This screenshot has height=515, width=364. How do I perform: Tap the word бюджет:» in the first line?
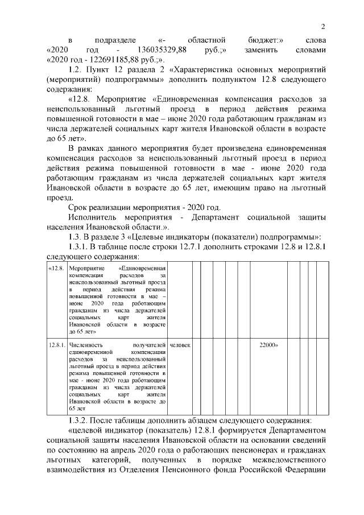[266, 40]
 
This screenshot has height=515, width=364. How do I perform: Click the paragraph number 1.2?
[75, 70]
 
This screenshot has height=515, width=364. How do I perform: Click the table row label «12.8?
[56, 267]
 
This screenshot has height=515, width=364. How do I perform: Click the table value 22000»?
[268, 345]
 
